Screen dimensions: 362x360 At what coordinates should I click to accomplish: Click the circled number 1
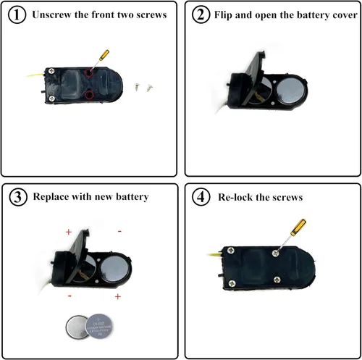(x=17, y=14)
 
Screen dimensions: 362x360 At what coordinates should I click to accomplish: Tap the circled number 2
(x=201, y=14)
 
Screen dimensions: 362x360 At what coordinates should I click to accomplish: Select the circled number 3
(x=18, y=197)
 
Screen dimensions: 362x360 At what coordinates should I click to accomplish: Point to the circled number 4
(x=201, y=197)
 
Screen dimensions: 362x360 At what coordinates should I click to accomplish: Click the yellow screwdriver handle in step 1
(x=104, y=55)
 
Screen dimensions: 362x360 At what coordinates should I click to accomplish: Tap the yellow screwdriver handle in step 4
(x=298, y=227)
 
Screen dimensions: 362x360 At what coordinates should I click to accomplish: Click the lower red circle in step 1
(x=89, y=95)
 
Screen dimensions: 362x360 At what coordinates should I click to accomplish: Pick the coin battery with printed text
(x=99, y=326)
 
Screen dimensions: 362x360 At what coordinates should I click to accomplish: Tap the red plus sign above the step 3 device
(x=69, y=232)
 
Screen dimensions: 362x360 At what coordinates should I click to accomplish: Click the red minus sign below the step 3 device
(x=70, y=296)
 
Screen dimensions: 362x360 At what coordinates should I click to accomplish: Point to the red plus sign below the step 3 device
(x=118, y=296)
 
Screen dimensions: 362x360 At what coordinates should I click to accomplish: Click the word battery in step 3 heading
(x=132, y=197)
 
